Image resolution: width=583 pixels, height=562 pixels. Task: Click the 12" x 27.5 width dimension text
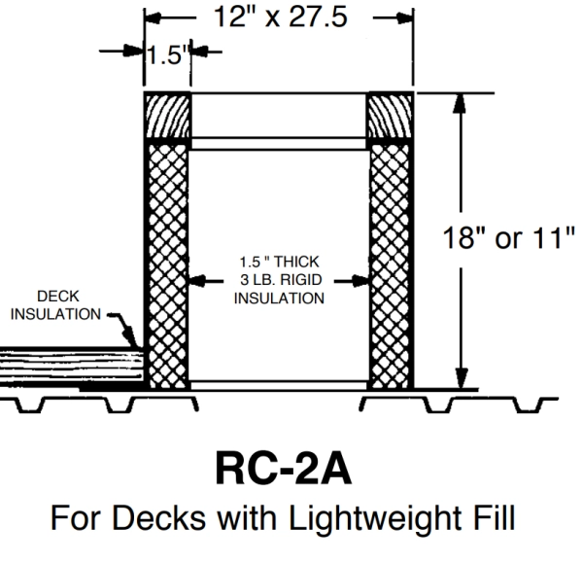pyautogui.click(x=278, y=19)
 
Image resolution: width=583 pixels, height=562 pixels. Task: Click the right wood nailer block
pyautogui.click(x=391, y=118)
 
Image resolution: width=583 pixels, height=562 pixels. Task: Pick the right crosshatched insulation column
pyautogui.click(x=391, y=263)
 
